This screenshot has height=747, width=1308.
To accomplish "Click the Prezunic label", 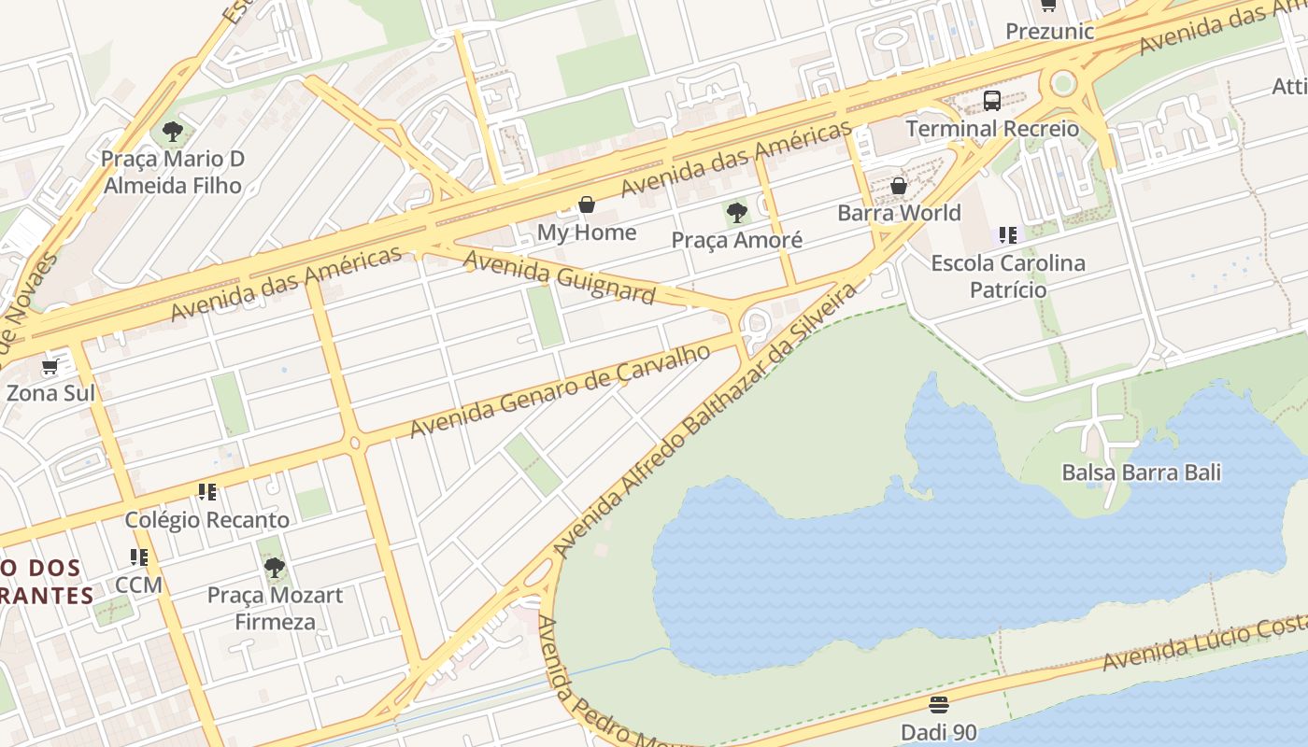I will coord(1049,31).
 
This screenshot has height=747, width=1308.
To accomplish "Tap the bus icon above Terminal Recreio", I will coord(992,101).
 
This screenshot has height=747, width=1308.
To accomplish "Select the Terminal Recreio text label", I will coord(992,128).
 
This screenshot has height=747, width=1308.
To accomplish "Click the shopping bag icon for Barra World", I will coord(899,186).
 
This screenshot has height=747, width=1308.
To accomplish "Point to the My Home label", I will coord(587,232).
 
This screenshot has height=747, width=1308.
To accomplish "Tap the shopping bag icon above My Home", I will coord(587,204).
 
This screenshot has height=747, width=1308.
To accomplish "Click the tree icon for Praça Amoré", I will coord(737,213).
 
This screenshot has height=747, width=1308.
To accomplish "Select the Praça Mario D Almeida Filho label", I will coord(173,172).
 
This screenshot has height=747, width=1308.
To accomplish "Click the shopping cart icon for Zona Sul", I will coord(50,366).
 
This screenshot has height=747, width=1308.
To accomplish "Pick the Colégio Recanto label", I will coord(207,519).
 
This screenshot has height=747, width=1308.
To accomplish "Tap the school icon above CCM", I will coord(139,557).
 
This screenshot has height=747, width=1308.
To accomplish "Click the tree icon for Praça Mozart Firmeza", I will coord(274,567).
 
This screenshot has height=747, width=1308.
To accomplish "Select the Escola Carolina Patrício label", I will coord(1008,275).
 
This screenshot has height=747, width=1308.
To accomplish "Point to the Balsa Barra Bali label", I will coord(1141,472).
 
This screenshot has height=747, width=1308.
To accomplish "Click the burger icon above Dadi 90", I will coord(939,704).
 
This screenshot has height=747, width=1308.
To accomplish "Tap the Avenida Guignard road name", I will coord(559,276).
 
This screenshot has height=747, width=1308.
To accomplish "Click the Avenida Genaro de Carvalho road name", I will coord(561,390).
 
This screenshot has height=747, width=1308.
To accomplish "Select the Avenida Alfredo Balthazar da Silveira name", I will coord(704,420).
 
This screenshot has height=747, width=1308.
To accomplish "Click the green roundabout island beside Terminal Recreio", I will coord(1063,84).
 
